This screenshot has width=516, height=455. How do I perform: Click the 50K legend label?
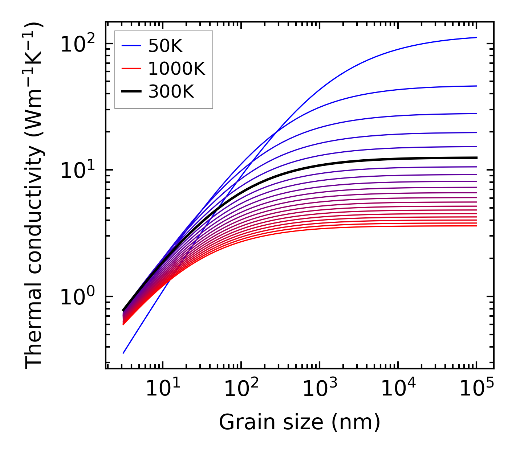click(x=165, y=46)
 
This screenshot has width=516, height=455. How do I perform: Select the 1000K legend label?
click(x=176, y=69)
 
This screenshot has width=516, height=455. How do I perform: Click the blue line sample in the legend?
click(x=131, y=46)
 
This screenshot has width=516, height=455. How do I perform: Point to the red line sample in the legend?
click(x=131, y=69)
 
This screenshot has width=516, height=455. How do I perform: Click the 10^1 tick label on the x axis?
click(x=162, y=389)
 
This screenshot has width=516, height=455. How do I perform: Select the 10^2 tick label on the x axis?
click(x=241, y=389)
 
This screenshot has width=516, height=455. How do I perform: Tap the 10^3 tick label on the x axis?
click(x=319, y=389)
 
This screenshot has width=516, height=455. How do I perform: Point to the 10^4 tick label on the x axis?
click(x=398, y=389)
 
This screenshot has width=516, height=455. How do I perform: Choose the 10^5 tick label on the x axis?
click(x=476, y=389)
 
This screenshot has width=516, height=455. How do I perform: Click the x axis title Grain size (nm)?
click(x=300, y=422)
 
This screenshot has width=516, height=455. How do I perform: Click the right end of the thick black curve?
click(x=476, y=157)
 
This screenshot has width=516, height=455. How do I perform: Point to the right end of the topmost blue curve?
click(x=476, y=37)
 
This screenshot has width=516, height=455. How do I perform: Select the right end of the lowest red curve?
click(x=476, y=226)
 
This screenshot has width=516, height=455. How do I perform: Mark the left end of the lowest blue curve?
click(x=123, y=353)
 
